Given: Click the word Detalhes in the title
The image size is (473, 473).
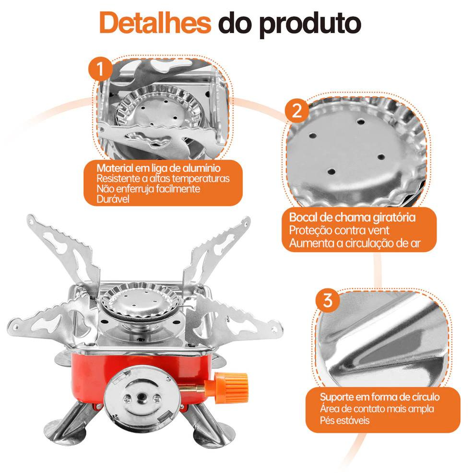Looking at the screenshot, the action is click(155, 23).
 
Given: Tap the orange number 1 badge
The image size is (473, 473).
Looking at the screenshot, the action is click(100, 69).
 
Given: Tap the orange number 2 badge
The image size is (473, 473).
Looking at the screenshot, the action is click(297, 110).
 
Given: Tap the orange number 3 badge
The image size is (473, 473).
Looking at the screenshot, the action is click(328, 300).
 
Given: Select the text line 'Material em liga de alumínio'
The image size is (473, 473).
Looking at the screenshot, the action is click(158, 168).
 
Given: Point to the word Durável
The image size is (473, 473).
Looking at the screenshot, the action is click(113, 199).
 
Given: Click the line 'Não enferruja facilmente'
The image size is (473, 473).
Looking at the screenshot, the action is click(148, 189).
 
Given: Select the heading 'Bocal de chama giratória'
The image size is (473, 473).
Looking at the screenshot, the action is click(352, 217).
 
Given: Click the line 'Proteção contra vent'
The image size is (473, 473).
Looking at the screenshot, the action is click(339, 230).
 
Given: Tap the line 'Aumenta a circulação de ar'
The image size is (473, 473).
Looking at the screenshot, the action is click(355, 243).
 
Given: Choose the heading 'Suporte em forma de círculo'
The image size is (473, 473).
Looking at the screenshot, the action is click(380, 397).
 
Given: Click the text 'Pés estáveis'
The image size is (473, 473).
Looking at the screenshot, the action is click(344, 420).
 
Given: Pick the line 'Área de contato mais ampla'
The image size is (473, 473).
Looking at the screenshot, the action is click(377, 409).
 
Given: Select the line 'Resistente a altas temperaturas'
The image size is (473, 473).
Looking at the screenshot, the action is click(163, 178).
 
